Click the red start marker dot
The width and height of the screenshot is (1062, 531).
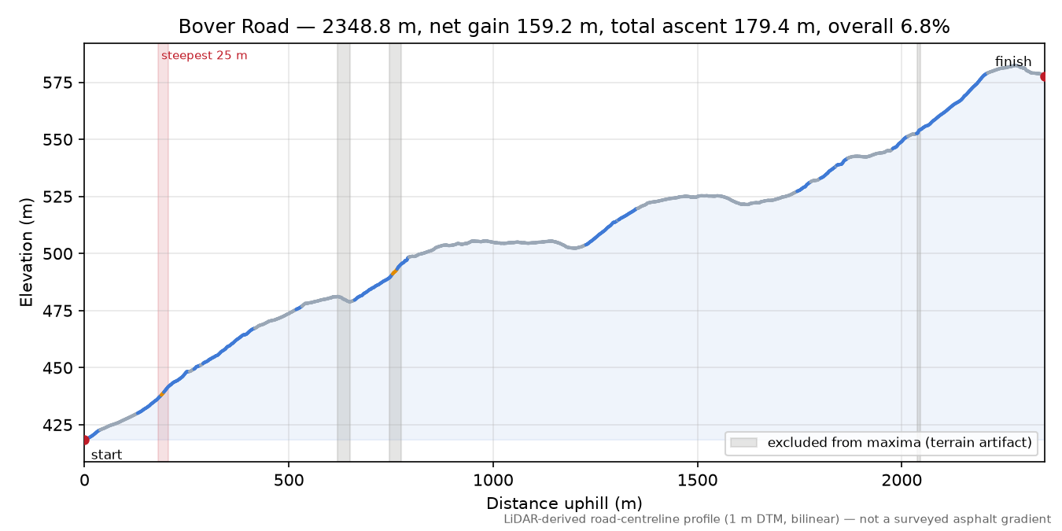(x=85, y=441)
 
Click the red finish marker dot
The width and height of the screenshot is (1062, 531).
(x=1044, y=77)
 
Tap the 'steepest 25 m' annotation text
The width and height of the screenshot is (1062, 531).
(x=205, y=56)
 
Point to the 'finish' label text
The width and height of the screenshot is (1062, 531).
(x=1013, y=61)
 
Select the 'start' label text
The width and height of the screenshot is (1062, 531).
(x=107, y=455)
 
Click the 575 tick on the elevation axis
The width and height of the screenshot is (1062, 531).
(x=57, y=83)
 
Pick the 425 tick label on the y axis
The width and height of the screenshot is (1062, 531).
(x=57, y=426)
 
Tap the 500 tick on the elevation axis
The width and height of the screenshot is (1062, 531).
(x=57, y=254)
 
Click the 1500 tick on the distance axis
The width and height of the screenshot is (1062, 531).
(x=698, y=481)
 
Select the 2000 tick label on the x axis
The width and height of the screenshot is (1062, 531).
(x=902, y=481)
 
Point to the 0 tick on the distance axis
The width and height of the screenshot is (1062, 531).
(x=84, y=481)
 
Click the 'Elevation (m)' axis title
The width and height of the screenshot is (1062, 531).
(x=27, y=253)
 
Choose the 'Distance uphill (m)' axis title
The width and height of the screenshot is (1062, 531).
(x=564, y=503)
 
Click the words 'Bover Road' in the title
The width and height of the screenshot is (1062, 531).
(x=234, y=27)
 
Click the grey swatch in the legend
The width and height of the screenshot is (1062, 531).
(x=744, y=443)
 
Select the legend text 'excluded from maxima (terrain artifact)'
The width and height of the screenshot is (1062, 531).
(x=900, y=443)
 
